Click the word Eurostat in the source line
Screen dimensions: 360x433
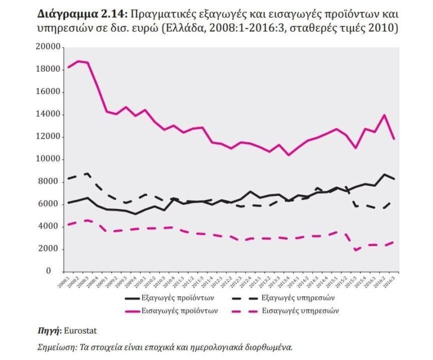click(x=74, y=331)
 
